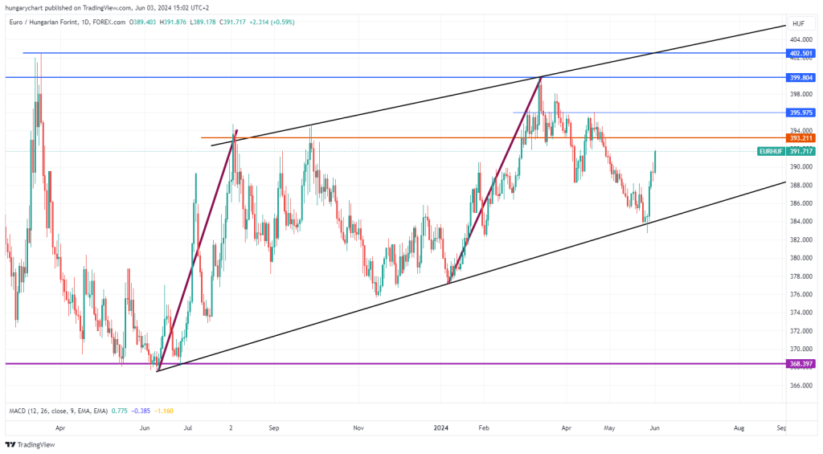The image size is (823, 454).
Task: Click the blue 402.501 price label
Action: (800, 53)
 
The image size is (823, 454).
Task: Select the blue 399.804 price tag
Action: (800, 78)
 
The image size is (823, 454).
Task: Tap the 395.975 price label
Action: (800, 112)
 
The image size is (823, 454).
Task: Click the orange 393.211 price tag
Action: (800, 138)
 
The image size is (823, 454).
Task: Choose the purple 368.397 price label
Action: (800, 364)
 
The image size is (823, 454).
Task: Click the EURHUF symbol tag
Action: (771, 151)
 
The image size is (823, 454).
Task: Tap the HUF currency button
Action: (798, 23)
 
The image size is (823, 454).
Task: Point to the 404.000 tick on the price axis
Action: (801, 40)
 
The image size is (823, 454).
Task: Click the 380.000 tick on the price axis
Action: (801, 258)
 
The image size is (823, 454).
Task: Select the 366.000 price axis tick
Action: (801, 385)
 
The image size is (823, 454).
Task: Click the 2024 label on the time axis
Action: (441, 427)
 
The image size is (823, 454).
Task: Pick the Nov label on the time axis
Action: (358, 427)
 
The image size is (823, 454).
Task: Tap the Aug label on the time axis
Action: (739, 427)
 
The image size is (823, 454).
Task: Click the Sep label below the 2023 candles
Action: (274, 427)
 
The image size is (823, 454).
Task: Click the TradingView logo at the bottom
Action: (30, 444)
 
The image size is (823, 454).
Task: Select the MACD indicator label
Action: (58, 411)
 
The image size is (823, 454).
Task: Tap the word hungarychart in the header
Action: (24, 8)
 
